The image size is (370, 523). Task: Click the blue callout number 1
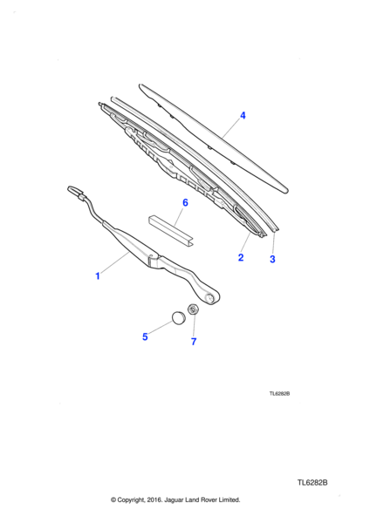98,276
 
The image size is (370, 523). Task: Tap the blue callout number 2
241,257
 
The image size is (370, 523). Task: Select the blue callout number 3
272,259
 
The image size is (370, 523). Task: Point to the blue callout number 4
243,115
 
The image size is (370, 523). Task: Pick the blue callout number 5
145,336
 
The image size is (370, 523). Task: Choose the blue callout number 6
185,202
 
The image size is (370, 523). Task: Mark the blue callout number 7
194,341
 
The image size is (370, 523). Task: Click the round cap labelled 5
179,317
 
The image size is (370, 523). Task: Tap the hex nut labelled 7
194,309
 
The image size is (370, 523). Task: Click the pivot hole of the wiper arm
210,297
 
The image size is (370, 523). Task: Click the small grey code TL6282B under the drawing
279,394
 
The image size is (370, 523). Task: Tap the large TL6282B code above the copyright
312,483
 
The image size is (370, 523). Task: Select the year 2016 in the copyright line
154,499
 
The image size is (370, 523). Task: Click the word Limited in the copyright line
230,499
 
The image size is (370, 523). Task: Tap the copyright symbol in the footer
113,499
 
